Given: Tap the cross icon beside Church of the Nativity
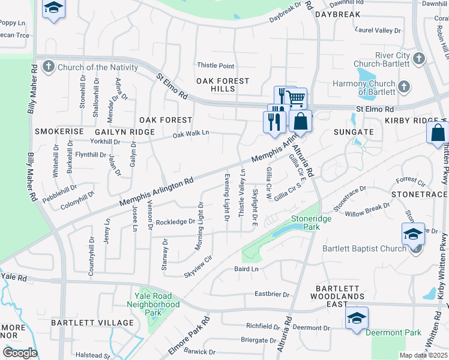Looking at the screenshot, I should coord(50,67).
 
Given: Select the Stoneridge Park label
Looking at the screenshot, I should coord(311,223).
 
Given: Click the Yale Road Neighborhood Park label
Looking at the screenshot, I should coord(154,304).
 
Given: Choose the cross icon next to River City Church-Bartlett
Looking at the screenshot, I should coord(419,59).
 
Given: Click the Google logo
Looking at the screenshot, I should coord(20,353).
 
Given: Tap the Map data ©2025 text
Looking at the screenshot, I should coord(423,355).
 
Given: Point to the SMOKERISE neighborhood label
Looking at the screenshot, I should coord(58,131).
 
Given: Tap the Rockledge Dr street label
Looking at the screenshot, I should coord(175,222).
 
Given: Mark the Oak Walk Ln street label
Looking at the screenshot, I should coord(191,134).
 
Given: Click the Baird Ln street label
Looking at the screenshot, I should coord(246,269).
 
